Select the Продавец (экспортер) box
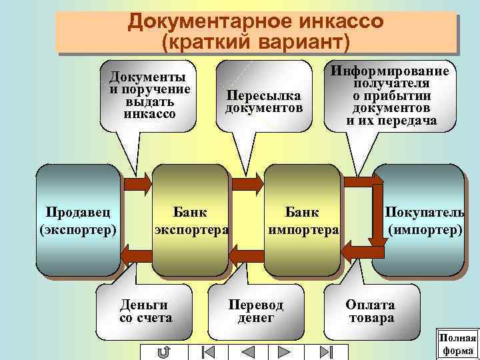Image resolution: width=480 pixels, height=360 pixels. click(x=79, y=220)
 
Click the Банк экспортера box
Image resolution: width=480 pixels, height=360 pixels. click(x=191, y=220)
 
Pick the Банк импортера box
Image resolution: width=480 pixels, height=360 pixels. click(x=303, y=220)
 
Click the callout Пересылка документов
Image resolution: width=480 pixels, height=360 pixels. click(x=264, y=101)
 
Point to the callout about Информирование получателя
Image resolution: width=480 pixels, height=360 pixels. click(x=391, y=96)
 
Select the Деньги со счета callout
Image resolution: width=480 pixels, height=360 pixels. click(x=145, y=311)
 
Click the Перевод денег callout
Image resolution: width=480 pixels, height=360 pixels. click(x=256, y=311)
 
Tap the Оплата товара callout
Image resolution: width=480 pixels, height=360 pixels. click(x=370, y=311)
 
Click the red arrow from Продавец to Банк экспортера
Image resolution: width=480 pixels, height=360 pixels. click(x=138, y=183)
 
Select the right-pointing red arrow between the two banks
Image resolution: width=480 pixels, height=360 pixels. click(x=247, y=183)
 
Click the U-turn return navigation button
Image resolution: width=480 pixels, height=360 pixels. click(x=165, y=351)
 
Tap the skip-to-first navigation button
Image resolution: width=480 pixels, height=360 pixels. click(x=207, y=351)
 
